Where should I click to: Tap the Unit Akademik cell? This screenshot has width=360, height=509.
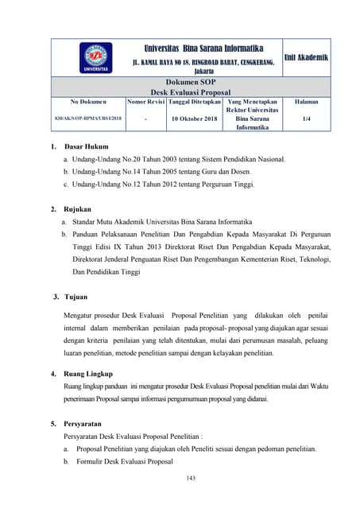click(306, 57)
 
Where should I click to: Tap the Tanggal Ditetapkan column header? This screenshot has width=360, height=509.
click(193, 103)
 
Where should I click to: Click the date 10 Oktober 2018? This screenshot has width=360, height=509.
click(193, 119)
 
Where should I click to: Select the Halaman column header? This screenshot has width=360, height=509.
click(306, 103)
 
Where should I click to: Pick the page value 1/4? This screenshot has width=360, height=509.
click(306, 119)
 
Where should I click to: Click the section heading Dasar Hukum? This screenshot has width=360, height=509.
click(85, 147)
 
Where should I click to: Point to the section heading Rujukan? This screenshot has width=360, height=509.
click(79, 209)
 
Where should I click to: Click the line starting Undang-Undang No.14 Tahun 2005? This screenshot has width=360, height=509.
click(164, 172)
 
